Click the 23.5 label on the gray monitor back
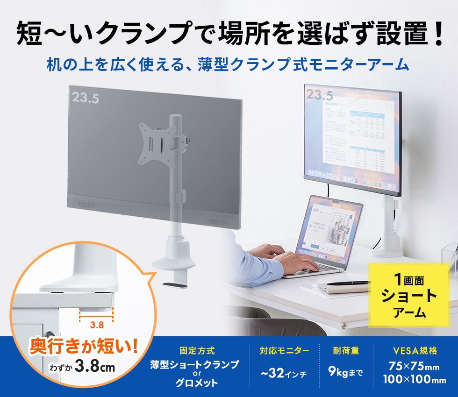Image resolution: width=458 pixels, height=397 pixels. coord(86,98)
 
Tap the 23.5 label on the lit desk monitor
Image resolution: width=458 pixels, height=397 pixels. coord(320,95)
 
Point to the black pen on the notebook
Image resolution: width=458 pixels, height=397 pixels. coord(348,283)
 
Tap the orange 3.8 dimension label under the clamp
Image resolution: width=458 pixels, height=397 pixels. coord(97,324)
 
